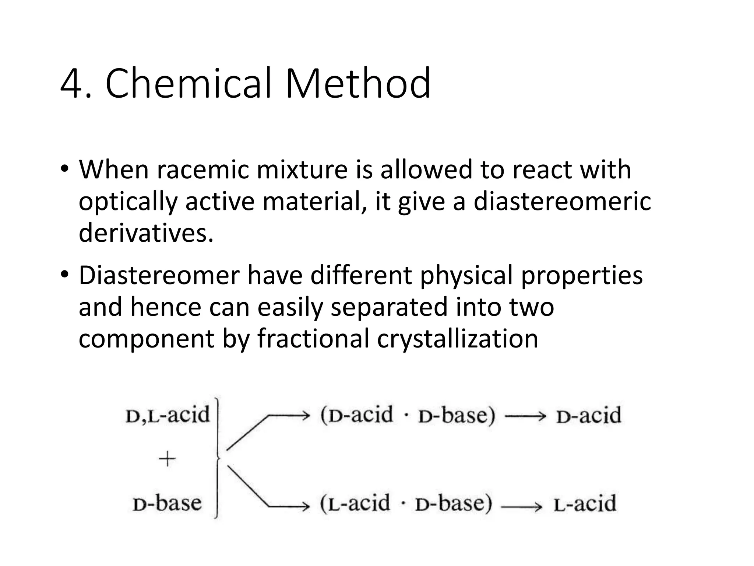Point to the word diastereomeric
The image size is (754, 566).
562,202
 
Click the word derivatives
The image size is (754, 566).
146,233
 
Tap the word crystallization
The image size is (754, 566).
457,339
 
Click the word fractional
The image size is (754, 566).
313,339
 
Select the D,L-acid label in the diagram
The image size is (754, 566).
168,415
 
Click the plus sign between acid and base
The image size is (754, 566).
167,459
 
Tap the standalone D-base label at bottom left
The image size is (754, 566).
167,503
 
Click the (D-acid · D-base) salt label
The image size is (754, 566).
408,415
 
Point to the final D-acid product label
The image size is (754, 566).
588,416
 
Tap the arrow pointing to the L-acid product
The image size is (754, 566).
521,507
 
